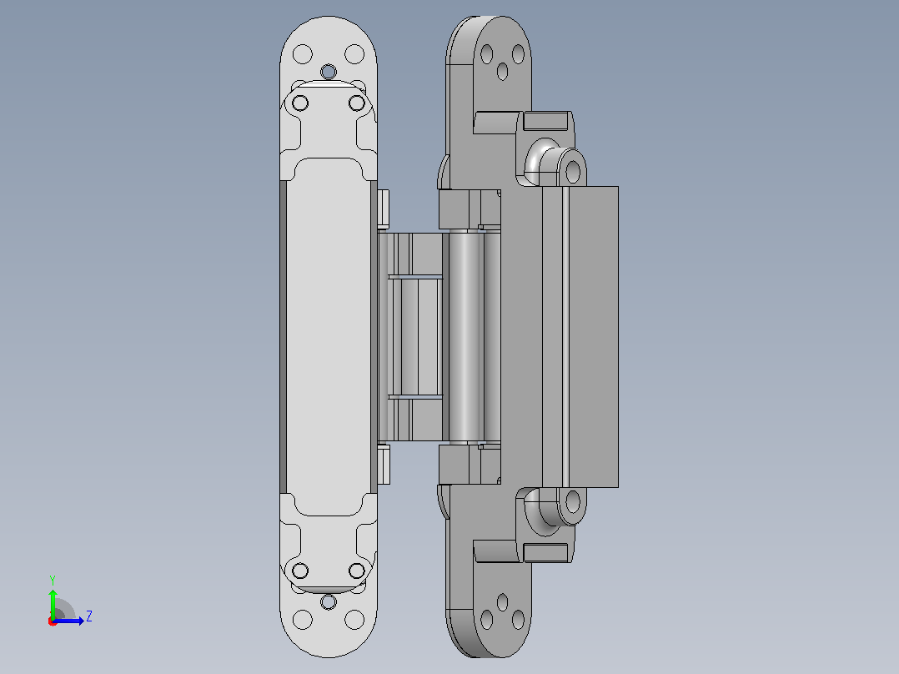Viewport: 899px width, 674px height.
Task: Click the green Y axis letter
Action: click(53, 580)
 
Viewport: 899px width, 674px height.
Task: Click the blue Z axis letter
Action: click(89, 616)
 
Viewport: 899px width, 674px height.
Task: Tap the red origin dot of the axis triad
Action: click(53, 621)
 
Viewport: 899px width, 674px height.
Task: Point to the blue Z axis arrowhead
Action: click(81, 621)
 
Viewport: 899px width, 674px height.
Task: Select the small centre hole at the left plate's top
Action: click(329, 72)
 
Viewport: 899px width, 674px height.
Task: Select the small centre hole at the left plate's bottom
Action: click(329, 601)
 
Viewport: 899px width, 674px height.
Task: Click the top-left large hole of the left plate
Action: click(303, 54)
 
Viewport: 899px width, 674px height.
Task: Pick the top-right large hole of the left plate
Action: click(354, 54)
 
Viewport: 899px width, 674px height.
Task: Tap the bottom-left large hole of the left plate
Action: click(303, 620)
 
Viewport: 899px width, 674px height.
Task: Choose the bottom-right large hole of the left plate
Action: click(354, 620)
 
